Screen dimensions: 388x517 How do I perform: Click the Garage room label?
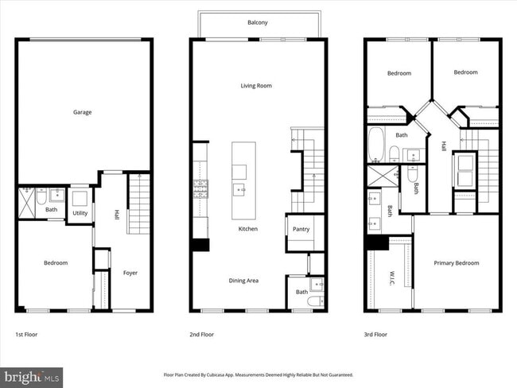(83, 112)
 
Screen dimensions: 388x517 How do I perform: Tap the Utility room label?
(80, 213)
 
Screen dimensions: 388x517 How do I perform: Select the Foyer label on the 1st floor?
(130, 273)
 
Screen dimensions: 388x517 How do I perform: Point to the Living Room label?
(258, 85)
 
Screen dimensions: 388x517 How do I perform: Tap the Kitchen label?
(249, 229)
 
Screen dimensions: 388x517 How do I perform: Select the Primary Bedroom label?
(457, 263)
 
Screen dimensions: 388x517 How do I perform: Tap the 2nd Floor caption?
(202, 335)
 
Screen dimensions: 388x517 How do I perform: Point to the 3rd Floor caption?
(375, 335)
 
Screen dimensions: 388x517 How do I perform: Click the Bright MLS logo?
(32, 375)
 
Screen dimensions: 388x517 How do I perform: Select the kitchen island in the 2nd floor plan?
(243, 180)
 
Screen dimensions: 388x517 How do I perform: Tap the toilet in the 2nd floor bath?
(316, 301)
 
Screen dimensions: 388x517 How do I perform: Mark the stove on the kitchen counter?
(200, 188)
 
